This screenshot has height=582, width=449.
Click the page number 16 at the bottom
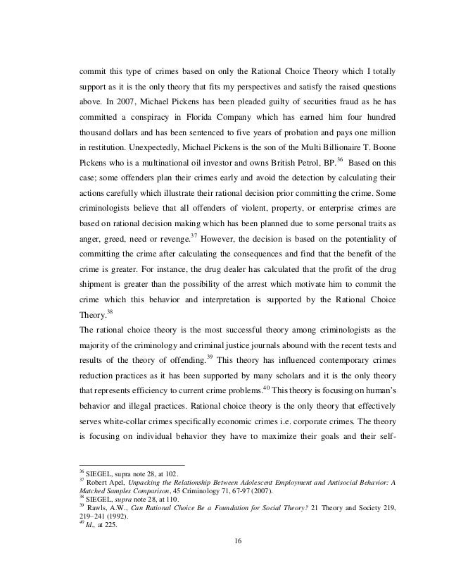click(x=224, y=540)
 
